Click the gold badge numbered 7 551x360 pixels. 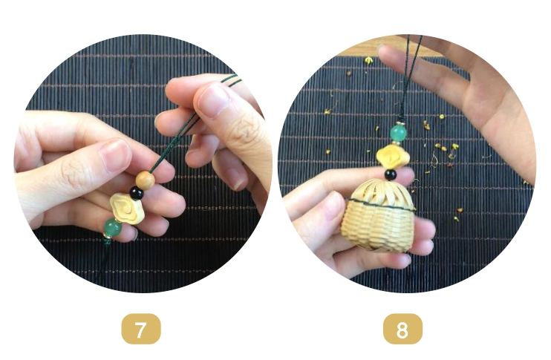click(141, 329)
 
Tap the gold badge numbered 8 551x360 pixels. click(402, 329)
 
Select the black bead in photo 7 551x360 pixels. click(137, 193)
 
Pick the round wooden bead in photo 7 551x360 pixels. click(145, 180)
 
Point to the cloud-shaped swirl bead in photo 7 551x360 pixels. click(127, 209)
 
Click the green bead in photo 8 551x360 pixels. click(399, 133)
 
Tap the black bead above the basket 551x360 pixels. click(391, 174)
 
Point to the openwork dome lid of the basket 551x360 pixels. click(379, 192)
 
